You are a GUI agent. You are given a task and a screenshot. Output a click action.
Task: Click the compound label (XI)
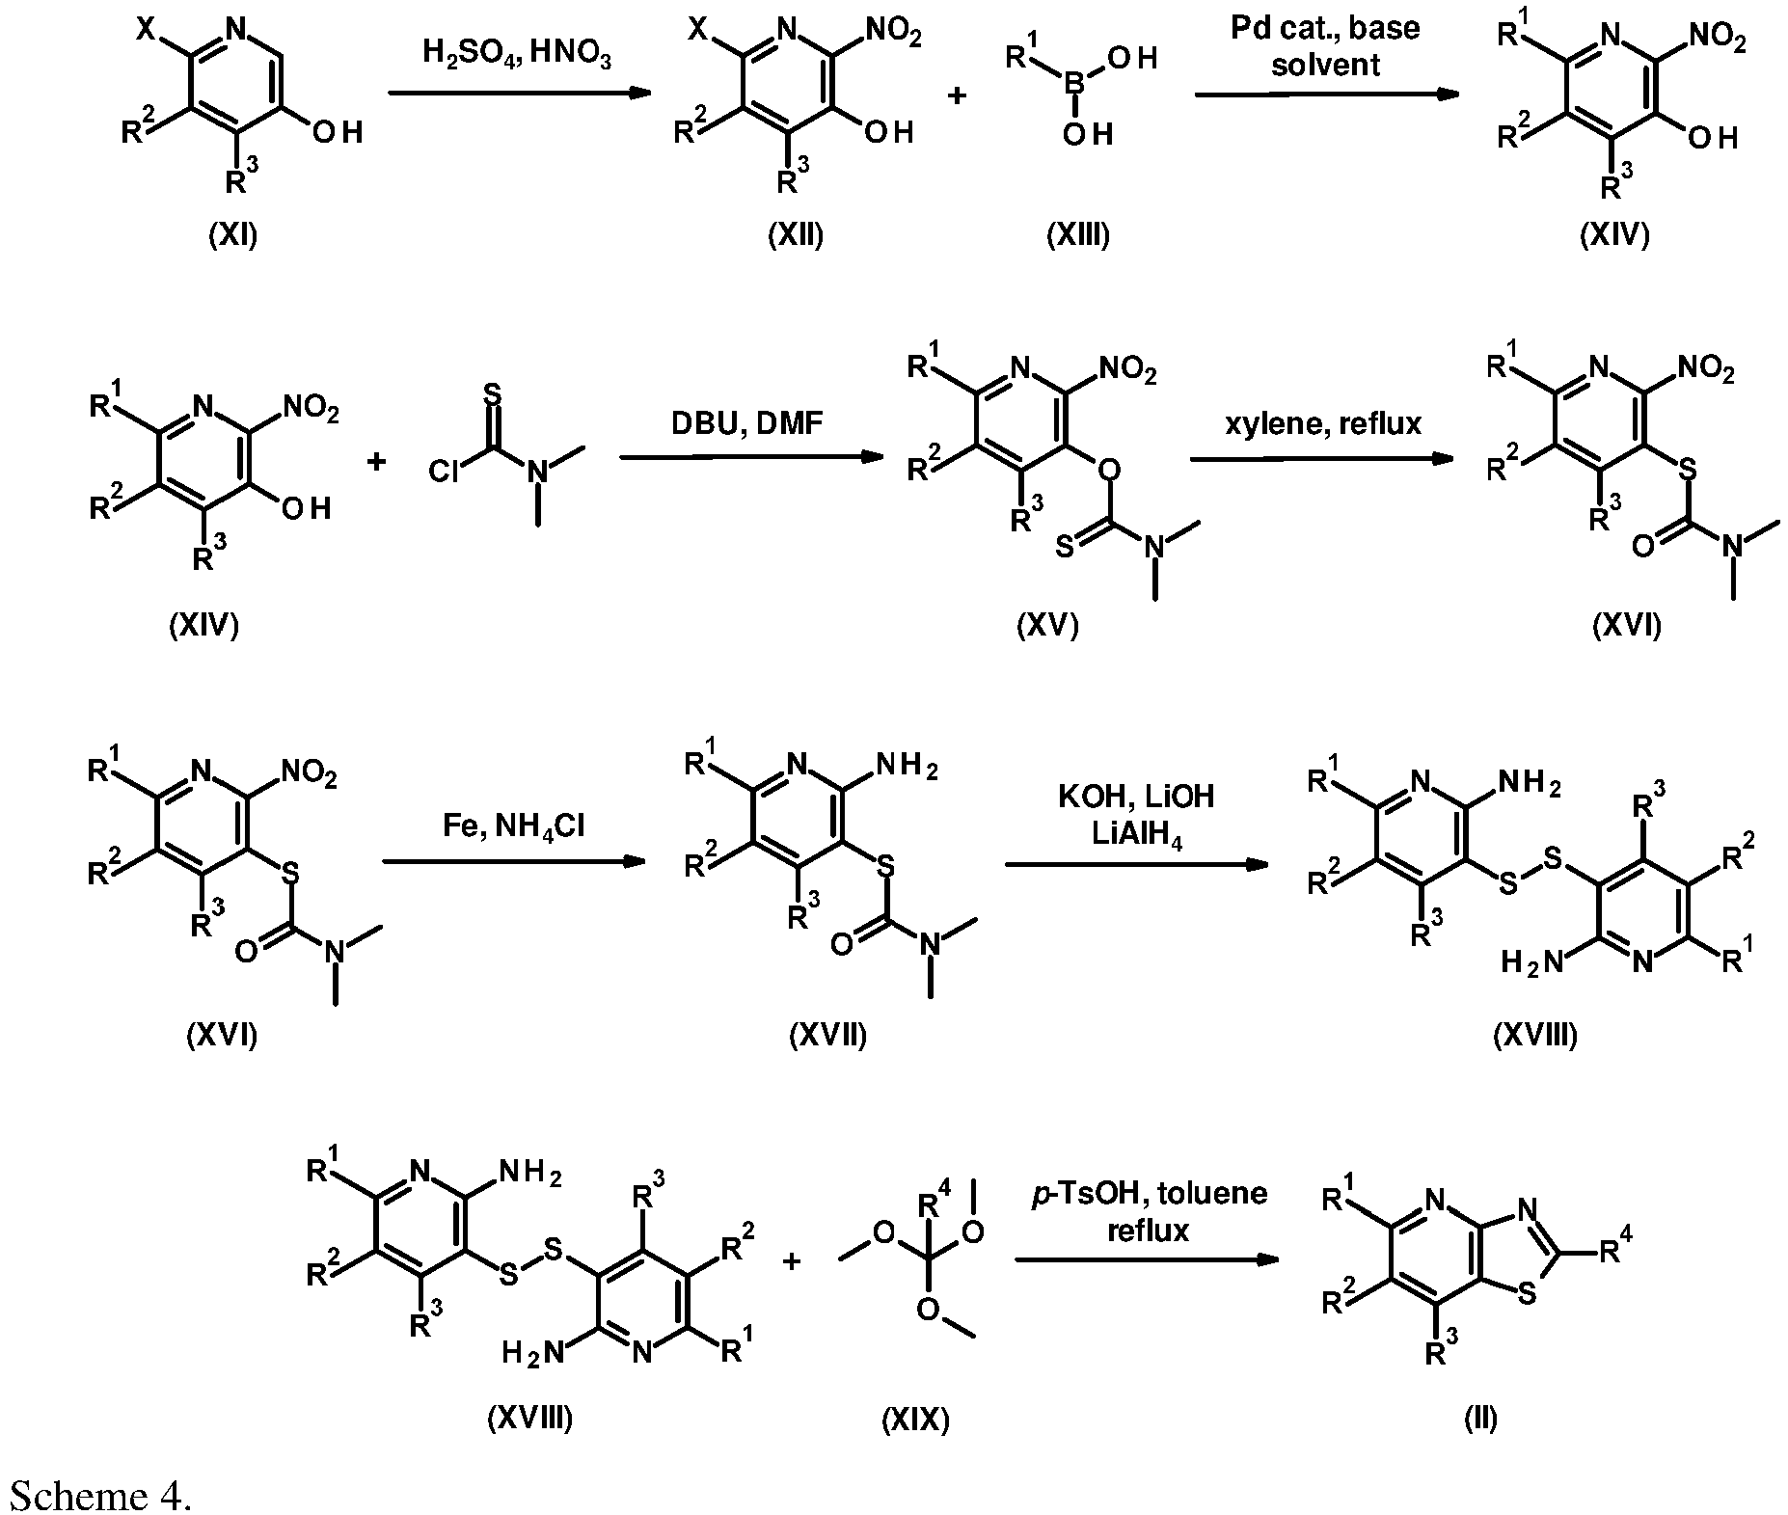coord(233,235)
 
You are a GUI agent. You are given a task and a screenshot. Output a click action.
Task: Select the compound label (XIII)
coord(1078,235)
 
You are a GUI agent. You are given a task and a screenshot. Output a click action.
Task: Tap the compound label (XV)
coord(1047,626)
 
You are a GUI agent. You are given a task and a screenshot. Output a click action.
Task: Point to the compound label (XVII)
coord(827,1036)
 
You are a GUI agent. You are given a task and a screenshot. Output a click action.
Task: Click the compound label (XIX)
coord(915,1419)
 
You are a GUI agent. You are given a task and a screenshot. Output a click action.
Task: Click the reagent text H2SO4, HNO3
coord(517,52)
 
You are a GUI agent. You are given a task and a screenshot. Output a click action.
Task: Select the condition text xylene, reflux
coord(1323,422)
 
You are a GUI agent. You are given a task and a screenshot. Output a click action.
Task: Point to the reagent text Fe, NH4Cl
coord(514,826)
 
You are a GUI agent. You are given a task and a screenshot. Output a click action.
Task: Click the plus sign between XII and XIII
coord(958,95)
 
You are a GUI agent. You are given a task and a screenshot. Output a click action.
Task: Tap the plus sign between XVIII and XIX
coord(792,1260)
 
